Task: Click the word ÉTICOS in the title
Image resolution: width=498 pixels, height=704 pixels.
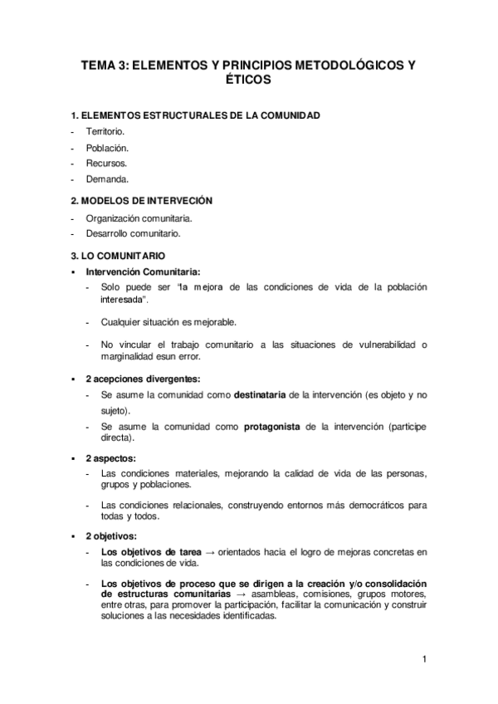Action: pyautogui.click(x=248, y=81)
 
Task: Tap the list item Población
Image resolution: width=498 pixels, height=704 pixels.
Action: pyautogui.click(x=105, y=148)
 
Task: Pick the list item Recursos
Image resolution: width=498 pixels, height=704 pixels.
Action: pyautogui.click(x=105, y=163)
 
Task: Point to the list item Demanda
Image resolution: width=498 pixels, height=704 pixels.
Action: pyautogui.click(x=105, y=178)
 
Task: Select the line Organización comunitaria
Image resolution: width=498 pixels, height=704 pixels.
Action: pyautogui.click(x=138, y=218)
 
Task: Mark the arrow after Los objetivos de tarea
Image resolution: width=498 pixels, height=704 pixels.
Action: pyautogui.click(x=212, y=551)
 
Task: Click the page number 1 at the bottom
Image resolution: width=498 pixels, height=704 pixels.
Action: pyautogui.click(x=423, y=660)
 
